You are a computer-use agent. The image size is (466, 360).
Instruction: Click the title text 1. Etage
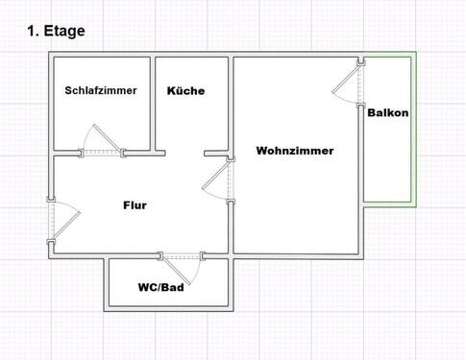click(57, 31)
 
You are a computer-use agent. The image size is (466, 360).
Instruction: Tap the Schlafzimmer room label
click(101, 91)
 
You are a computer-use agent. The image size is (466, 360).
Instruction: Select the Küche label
click(185, 91)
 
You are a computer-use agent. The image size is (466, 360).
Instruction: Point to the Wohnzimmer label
click(294, 151)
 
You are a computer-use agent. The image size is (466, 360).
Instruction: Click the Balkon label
click(388, 112)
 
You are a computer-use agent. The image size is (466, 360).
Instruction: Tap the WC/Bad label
click(160, 287)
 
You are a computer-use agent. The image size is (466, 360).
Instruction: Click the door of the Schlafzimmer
click(103, 143)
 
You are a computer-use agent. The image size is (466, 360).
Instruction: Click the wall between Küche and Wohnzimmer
click(232, 106)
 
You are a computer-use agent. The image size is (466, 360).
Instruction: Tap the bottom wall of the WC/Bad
click(168, 310)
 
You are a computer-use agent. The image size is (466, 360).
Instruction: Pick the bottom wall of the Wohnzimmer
click(298, 255)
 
